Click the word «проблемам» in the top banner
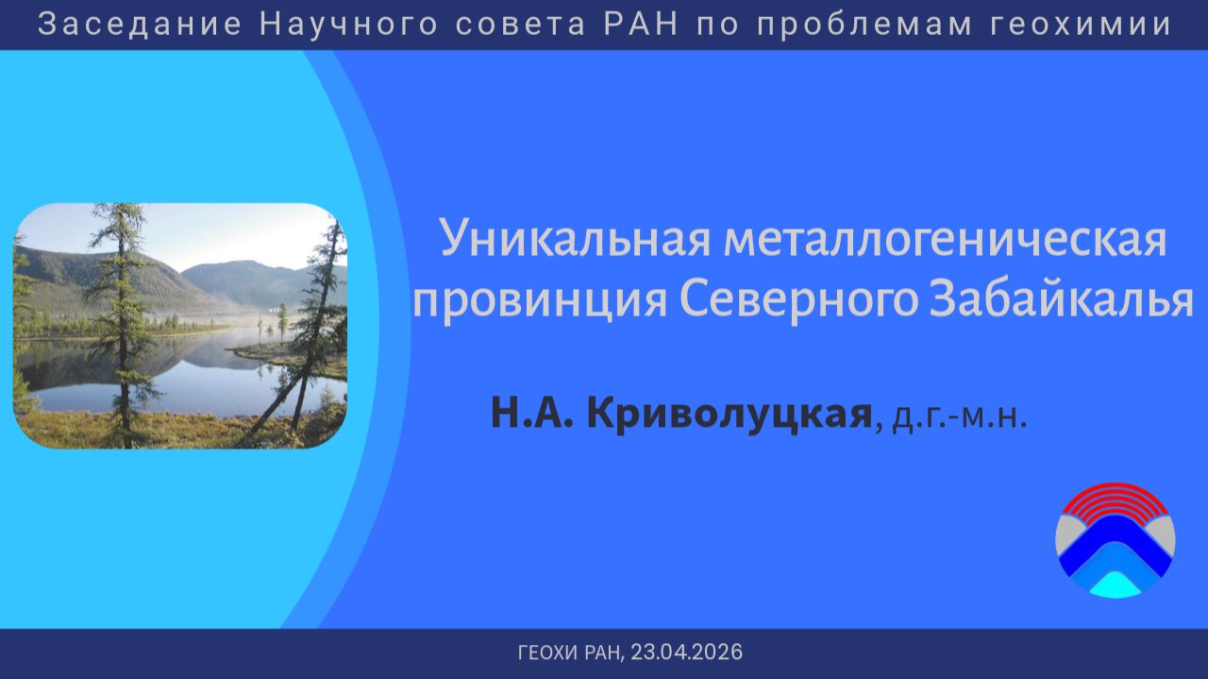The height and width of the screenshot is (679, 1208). point(862,24)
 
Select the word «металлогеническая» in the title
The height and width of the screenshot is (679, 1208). point(946,240)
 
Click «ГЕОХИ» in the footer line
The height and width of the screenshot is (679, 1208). point(548,653)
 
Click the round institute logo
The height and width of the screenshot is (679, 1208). point(1115,540)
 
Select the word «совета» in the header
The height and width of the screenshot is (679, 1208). point(517,24)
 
